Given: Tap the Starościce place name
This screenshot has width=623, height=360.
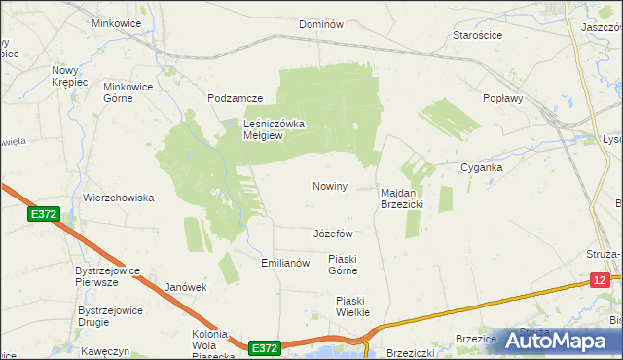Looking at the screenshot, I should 478,35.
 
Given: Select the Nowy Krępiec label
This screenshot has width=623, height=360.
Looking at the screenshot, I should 70,77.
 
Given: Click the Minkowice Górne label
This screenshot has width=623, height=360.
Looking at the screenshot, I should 128,91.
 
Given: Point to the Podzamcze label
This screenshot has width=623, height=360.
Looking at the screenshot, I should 236,99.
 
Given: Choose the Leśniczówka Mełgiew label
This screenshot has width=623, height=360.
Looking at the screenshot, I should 275,130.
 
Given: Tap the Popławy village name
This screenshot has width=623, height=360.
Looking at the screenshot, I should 503,99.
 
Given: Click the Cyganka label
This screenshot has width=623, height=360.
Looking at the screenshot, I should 481,167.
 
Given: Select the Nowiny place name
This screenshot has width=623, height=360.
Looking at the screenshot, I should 330,186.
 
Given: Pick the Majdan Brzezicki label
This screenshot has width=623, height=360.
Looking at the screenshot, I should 399,199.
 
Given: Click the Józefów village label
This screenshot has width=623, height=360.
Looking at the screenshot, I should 333,234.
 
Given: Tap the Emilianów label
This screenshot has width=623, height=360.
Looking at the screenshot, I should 285,263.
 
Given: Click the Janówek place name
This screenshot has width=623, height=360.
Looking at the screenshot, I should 187,287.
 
